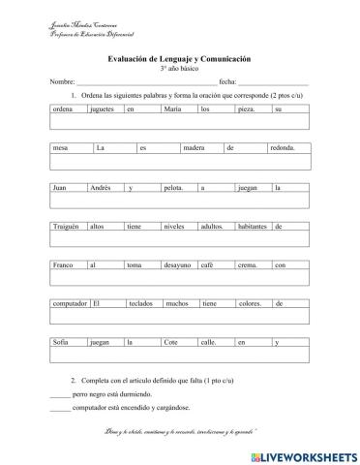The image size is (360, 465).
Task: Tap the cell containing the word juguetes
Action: pyautogui.click(x=104, y=109)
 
